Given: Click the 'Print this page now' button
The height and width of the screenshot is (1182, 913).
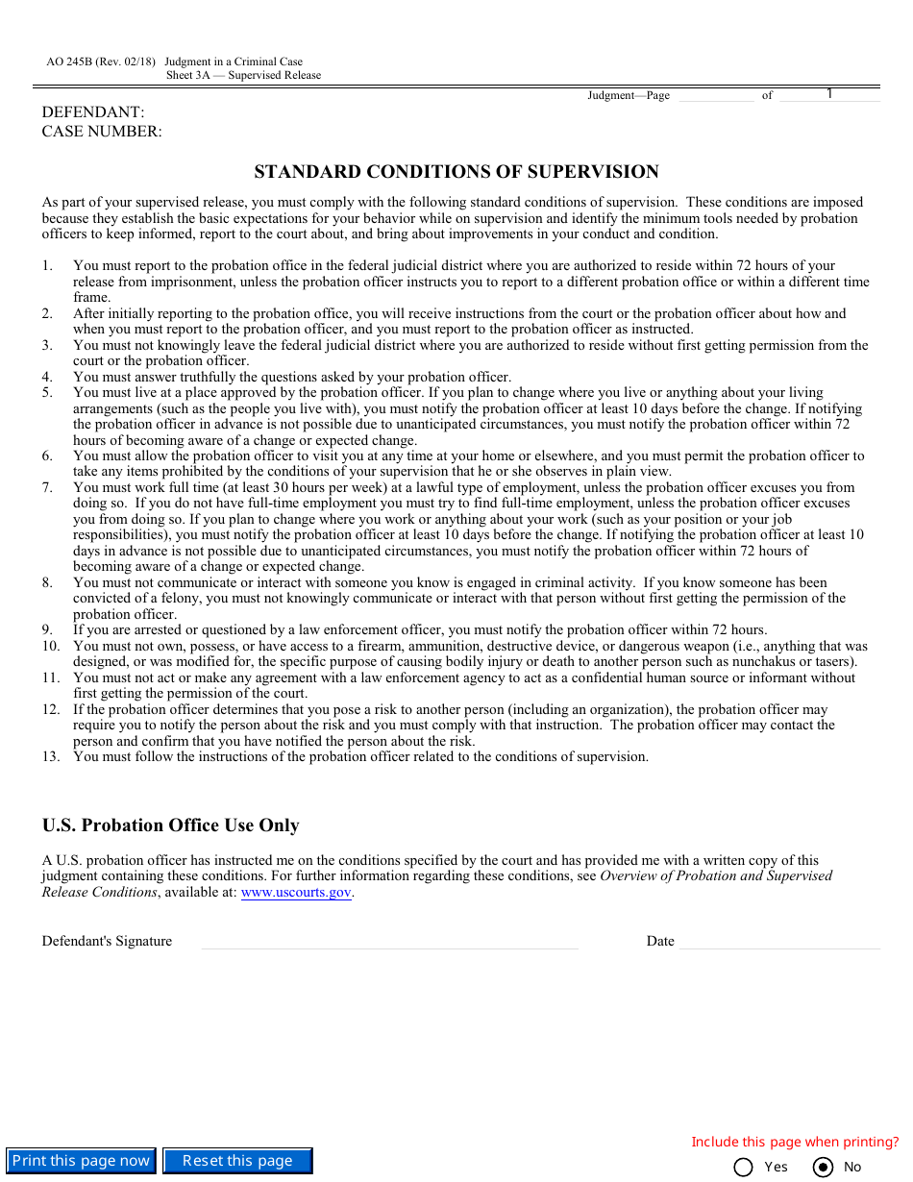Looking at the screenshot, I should tap(81, 1161).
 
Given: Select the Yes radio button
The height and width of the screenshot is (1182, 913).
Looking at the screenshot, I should tap(743, 1167).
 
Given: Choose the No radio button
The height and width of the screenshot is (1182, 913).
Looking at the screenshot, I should tap(823, 1167).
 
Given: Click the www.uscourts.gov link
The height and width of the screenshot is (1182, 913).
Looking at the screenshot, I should tap(296, 892).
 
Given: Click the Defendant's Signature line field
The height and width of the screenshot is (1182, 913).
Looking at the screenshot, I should tap(389, 941).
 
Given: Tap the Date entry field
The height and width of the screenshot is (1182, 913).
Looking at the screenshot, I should tap(778, 941).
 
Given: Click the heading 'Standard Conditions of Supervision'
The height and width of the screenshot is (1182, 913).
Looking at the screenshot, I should tap(456, 172).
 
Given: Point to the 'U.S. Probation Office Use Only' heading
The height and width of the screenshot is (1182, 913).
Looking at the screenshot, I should tap(170, 825).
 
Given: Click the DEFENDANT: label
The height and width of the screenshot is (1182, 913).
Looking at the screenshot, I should tap(93, 112).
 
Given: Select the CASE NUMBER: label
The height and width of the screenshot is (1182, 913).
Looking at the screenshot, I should tap(102, 132).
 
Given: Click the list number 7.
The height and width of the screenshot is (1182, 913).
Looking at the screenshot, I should tap(47, 487).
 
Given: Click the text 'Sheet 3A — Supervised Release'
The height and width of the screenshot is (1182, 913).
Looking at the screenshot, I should tap(243, 75).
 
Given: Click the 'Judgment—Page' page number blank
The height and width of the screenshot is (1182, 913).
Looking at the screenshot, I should tap(715, 95).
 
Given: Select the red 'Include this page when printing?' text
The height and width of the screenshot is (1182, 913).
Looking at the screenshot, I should tap(795, 1142).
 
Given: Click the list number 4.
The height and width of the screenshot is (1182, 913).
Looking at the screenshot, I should tap(47, 377).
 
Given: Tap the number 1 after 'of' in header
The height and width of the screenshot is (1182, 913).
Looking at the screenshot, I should tap(829, 94).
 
